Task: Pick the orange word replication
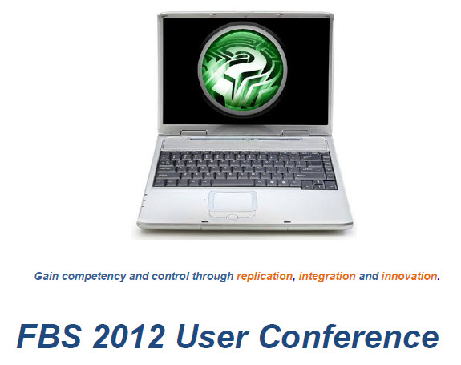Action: (265, 276)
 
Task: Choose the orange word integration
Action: (327, 276)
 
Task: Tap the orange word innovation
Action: (410, 276)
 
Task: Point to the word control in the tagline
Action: (170, 276)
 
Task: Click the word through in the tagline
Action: (213, 276)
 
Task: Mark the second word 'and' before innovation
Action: (369, 276)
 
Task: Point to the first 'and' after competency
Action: (139, 276)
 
